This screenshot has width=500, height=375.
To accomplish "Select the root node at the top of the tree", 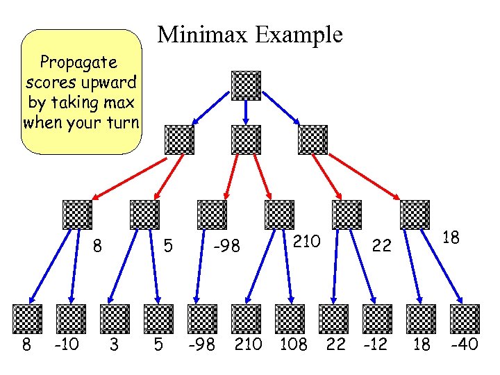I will [x=246, y=85].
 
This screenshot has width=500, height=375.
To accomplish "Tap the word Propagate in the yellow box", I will [x=78, y=62].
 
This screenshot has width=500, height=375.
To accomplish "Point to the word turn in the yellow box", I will [x=123, y=123].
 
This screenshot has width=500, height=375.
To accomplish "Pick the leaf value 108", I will [x=292, y=344].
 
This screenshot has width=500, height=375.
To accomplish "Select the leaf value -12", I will [x=376, y=344].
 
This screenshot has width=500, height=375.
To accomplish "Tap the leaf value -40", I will [x=464, y=344].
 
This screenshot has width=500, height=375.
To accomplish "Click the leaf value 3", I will [x=113, y=344].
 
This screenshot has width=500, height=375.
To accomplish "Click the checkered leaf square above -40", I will [x=465, y=319].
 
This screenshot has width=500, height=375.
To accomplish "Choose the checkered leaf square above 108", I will [x=290, y=319].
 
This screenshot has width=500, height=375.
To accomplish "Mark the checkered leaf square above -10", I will [x=71, y=319].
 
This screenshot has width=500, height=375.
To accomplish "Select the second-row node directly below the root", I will [x=247, y=140].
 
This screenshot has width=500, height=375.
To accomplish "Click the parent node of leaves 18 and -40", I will [x=415, y=215].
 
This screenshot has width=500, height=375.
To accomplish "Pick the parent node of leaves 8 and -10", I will [x=76, y=215].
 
